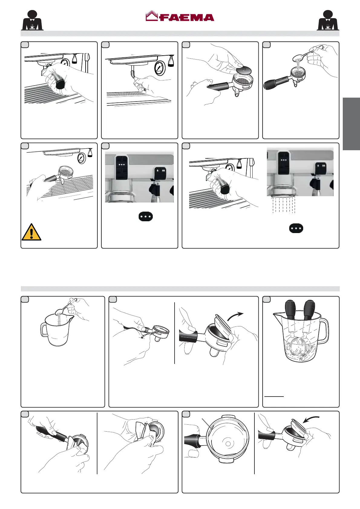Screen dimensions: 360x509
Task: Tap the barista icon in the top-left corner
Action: point(32,21)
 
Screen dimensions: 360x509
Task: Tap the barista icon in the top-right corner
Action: point(328,21)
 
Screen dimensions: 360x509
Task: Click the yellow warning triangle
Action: point(31,232)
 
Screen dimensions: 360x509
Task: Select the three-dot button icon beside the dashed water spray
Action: point(296,229)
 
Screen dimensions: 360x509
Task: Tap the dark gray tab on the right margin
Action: point(351,124)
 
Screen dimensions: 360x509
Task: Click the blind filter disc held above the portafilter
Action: point(244,70)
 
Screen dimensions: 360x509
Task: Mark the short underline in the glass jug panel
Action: point(274,396)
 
